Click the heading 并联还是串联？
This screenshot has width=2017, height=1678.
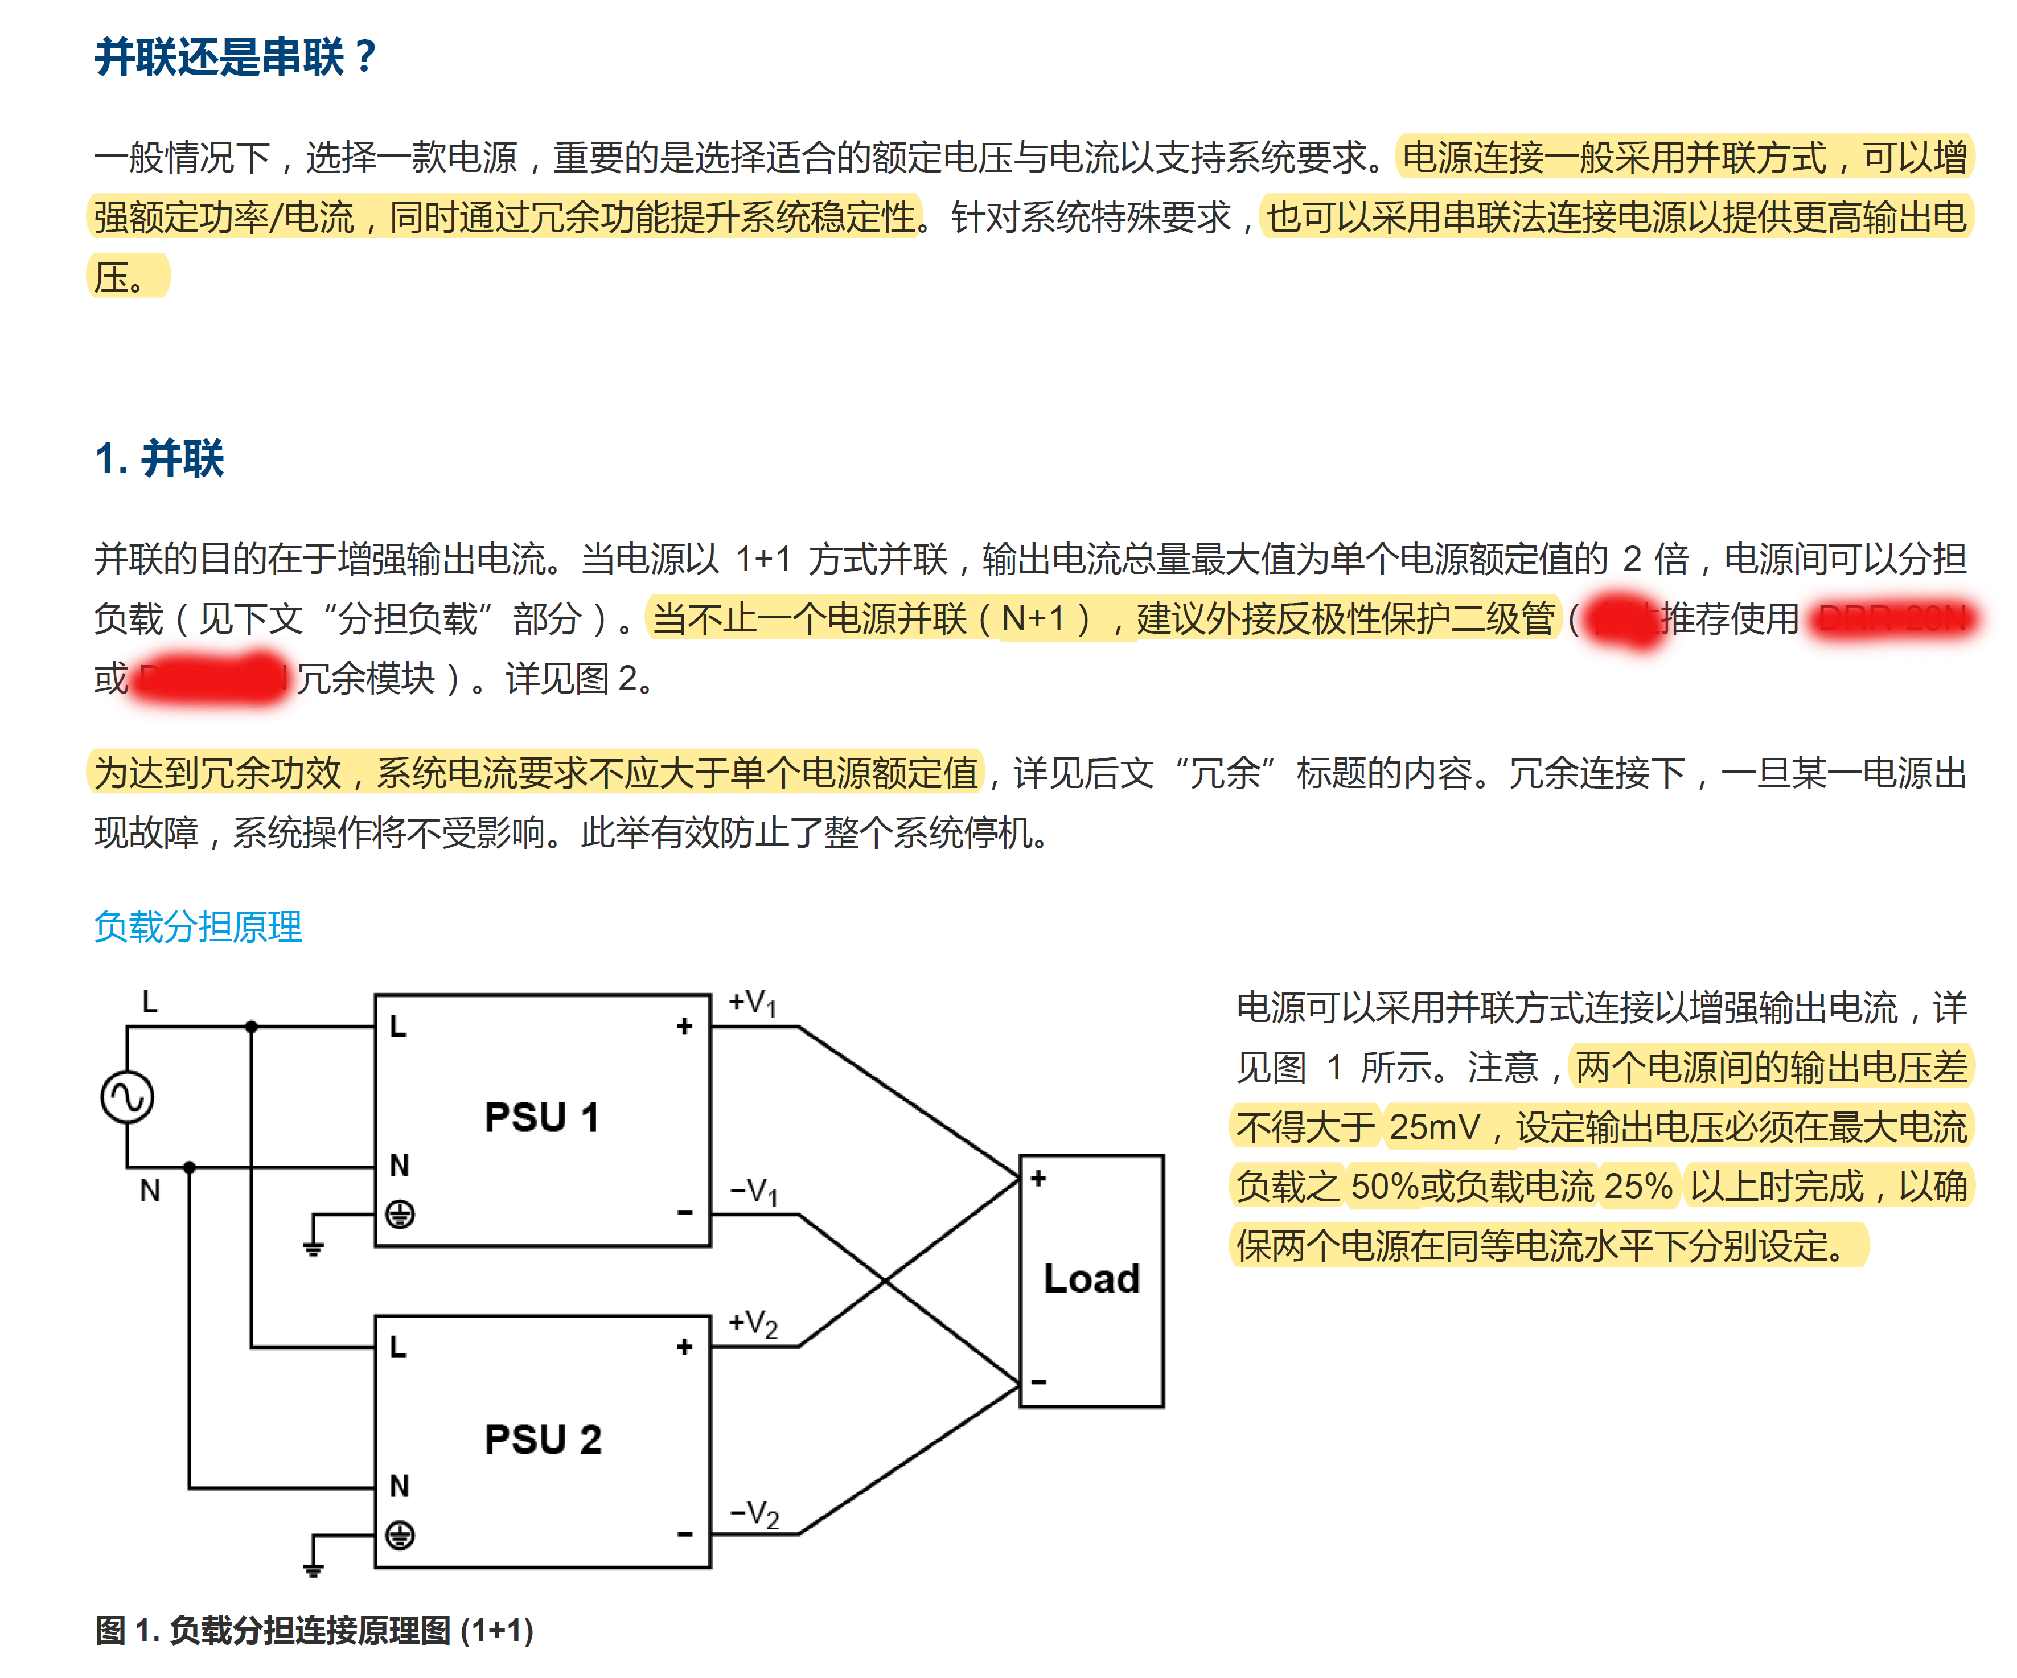[235, 58]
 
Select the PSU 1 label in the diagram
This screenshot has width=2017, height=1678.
[543, 1117]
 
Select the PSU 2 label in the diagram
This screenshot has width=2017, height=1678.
[543, 1439]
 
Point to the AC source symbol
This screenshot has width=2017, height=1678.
[128, 1097]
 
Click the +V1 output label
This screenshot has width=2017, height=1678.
[752, 1003]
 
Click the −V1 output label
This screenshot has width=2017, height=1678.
[754, 1191]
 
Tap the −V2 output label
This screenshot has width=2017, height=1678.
[754, 1513]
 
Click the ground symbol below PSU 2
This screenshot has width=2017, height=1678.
[313, 1568]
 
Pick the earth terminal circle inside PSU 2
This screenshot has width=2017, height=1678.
[400, 1535]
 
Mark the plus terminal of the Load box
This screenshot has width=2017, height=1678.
[1038, 1179]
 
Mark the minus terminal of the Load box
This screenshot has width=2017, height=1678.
[1038, 1382]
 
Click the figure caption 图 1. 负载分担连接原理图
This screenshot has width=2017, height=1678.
[314, 1630]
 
